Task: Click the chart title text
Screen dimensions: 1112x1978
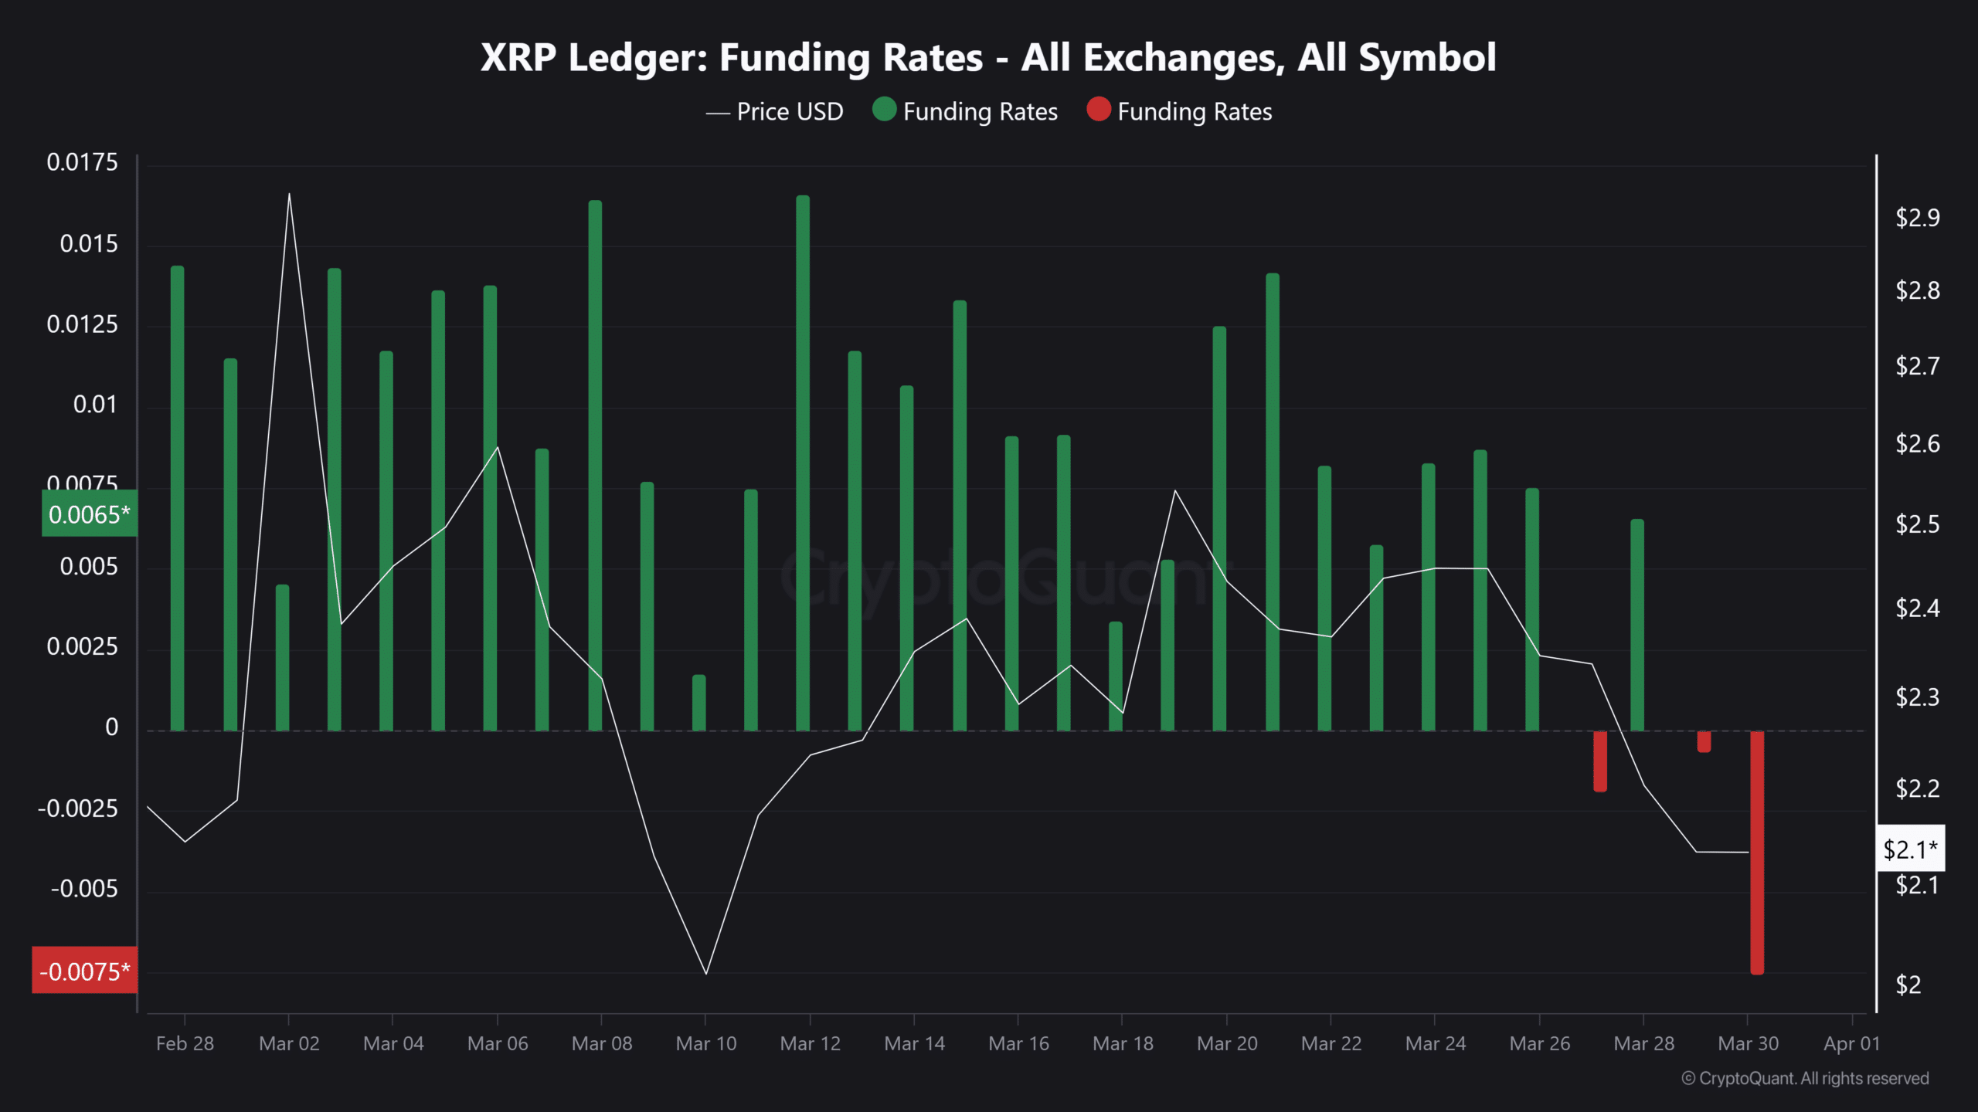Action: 987,58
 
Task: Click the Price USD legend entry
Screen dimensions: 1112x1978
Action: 775,112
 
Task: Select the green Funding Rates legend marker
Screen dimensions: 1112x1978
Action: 884,110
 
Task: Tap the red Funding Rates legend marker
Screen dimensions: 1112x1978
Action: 1098,110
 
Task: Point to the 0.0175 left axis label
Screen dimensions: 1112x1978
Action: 82,162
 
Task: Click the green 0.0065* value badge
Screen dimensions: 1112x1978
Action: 89,514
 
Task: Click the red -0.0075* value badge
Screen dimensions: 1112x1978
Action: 85,971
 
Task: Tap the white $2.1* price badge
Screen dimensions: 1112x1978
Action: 1910,849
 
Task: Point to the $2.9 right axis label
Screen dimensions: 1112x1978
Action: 1917,218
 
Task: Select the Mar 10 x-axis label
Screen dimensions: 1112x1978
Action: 705,1043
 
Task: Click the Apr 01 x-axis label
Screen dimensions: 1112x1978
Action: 1851,1043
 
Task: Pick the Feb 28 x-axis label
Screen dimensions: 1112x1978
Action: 185,1043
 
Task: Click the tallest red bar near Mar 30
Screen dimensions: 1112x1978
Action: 1756,853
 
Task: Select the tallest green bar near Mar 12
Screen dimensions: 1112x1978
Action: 803,463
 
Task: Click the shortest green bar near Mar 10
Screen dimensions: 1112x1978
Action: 698,703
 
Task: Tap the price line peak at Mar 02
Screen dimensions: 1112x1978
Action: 289,195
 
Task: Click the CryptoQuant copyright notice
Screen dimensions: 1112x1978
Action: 1805,1078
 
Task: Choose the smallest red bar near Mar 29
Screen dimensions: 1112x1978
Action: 1704,741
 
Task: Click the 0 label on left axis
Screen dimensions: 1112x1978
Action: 111,727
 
